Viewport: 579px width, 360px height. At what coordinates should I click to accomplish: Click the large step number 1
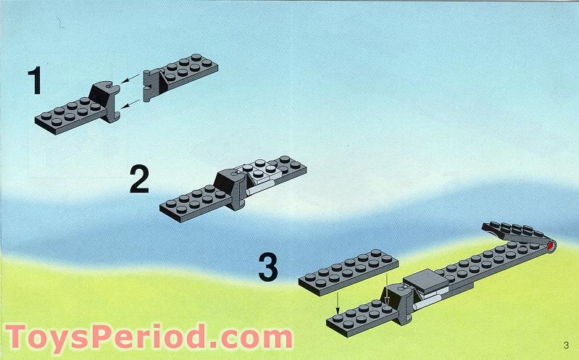pyautogui.click(x=35, y=80)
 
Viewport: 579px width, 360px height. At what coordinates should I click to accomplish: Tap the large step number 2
pyautogui.click(x=139, y=179)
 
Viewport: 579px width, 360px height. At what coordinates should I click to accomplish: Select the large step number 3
pyautogui.click(x=267, y=268)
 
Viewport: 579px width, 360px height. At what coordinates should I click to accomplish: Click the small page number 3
pyautogui.click(x=566, y=346)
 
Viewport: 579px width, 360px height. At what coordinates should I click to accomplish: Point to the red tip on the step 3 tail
pyautogui.click(x=551, y=246)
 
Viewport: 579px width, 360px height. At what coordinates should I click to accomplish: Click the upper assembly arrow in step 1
pyautogui.click(x=130, y=78)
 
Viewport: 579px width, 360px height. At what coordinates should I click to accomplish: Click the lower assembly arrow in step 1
pyautogui.click(x=132, y=104)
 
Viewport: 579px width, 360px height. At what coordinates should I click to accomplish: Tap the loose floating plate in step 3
pyautogui.click(x=349, y=272)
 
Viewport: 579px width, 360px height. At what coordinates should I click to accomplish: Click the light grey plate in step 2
pyautogui.click(x=263, y=171)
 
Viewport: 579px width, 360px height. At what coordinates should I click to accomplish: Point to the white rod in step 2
pyautogui.click(x=259, y=188)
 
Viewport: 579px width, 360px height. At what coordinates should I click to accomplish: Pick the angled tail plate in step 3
pyautogui.click(x=513, y=232)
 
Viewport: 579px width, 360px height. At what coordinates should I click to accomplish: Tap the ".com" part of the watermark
pyautogui.click(x=251, y=338)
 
